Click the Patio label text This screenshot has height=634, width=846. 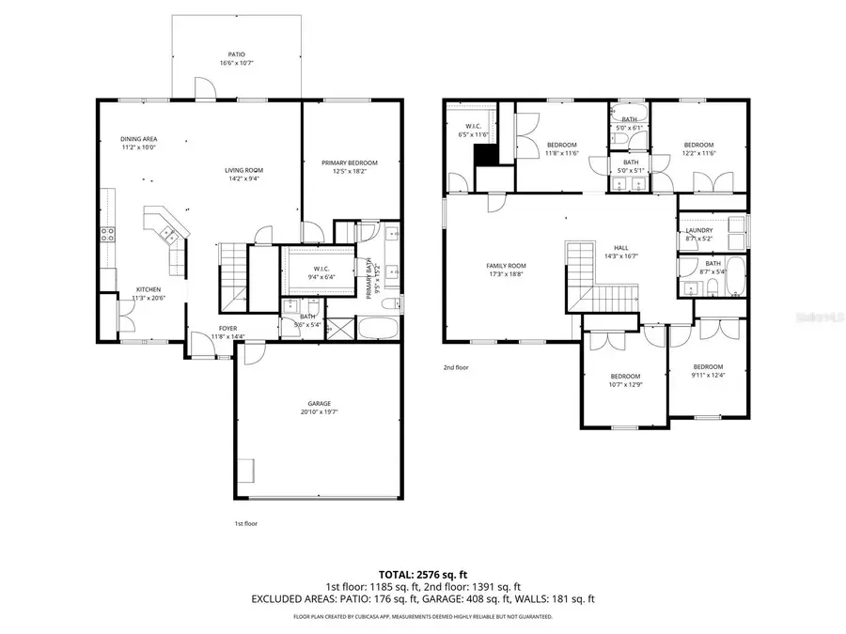[237, 54]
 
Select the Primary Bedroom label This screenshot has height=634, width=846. [349, 162]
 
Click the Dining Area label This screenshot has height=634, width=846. [138, 139]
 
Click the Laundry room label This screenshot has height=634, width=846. [698, 230]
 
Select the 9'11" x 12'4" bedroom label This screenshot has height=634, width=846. [708, 366]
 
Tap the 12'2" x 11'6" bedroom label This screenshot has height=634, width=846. [698, 145]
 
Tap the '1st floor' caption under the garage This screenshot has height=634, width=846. [246, 523]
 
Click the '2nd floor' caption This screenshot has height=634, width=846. [455, 367]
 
